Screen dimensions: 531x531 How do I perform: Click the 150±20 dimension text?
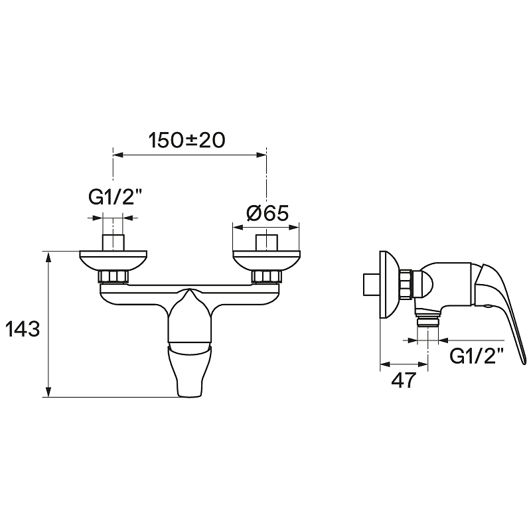(187, 140)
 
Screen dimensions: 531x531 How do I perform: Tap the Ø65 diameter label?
(267, 213)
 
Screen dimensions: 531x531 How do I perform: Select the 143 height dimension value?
(23, 329)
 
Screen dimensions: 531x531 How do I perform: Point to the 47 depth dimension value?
(403, 380)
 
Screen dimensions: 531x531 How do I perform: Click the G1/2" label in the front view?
(115, 196)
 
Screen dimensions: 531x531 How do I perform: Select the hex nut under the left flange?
(114, 276)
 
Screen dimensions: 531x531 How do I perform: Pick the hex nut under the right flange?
(267, 276)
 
